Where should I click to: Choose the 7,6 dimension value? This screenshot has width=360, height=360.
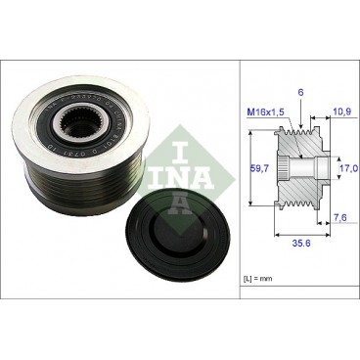point(337,217)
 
